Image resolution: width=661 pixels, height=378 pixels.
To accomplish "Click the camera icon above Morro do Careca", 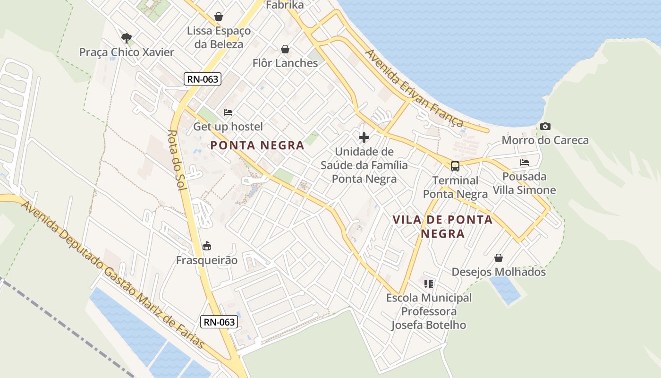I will pyautogui.click(x=545, y=126).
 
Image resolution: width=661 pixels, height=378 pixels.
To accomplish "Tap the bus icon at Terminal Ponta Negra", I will pyautogui.click(x=455, y=166).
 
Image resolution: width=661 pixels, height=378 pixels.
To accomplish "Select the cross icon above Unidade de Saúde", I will pyautogui.click(x=364, y=137).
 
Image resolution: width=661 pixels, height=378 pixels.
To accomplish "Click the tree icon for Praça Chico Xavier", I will pyautogui.click(x=126, y=38).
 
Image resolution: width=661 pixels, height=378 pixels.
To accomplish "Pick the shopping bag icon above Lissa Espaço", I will pyautogui.click(x=219, y=17).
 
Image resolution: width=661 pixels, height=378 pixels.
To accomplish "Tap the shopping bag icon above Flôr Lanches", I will pyautogui.click(x=285, y=49).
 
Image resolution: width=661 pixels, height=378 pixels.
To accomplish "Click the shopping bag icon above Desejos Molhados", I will pyautogui.click(x=499, y=258).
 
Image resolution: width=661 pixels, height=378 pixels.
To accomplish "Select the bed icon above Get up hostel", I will pyautogui.click(x=228, y=112).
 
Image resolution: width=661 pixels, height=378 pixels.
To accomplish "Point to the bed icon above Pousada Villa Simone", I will pyautogui.click(x=524, y=163).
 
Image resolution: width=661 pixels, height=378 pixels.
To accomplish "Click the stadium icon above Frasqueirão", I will pyautogui.click(x=207, y=246).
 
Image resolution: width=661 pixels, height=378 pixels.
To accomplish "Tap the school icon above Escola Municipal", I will pyautogui.click(x=429, y=283).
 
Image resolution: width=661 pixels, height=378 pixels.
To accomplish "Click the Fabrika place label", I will pyautogui.click(x=285, y=5).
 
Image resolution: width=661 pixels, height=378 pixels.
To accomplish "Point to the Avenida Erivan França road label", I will pyautogui.click(x=414, y=88).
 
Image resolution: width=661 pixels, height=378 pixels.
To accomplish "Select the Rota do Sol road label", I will pyautogui.click(x=178, y=160).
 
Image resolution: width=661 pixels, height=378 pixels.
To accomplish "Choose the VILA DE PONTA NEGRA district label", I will pyautogui.click(x=443, y=226).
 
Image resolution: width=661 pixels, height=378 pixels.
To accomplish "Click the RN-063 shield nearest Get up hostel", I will pyautogui.click(x=203, y=79).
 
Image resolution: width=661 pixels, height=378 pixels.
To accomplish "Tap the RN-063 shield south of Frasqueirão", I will pyautogui.click(x=219, y=322).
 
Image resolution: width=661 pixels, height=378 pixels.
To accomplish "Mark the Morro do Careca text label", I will pyautogui.click(x=545, y=140).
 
